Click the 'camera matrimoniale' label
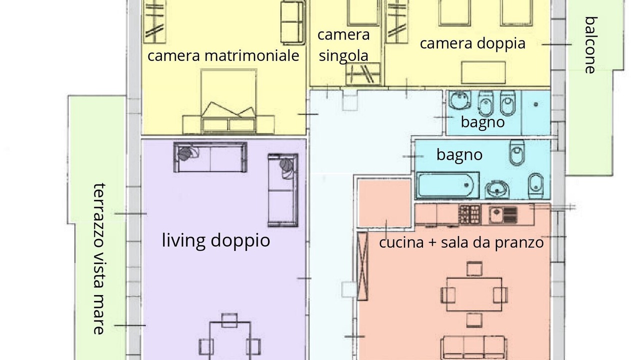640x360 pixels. click(223, 55)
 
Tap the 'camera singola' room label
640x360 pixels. click(343, 45)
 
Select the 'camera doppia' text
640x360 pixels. click(472, 43)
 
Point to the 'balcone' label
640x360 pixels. click(590, 45)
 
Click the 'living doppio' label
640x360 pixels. click(216, 240)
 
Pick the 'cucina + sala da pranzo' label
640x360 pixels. click(461, 242)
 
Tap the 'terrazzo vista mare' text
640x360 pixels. click(99, 259)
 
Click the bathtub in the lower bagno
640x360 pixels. click(447, 185)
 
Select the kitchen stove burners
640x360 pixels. click(470, 214)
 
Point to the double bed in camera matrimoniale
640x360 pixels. click(228, 101)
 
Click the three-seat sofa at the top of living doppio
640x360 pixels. click(210, 157)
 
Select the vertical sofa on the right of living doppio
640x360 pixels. click(283, 190)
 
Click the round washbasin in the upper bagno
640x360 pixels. click(460, 100)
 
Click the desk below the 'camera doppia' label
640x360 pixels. click(483, 72)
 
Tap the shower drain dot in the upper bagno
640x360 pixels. click(535, 104)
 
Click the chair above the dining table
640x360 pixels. click(474, 269)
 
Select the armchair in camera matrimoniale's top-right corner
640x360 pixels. click(292, 23)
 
